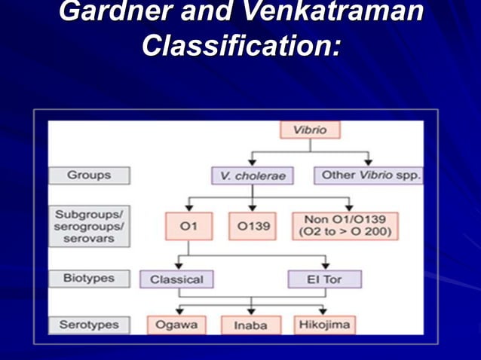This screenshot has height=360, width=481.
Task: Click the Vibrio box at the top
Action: click(x=309, y=130)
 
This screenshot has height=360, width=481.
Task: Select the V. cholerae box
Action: click(x=253, y=175)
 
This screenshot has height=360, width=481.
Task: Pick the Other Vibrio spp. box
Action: click(x=368, y=175)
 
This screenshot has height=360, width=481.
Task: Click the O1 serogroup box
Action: click(x=188, y=226)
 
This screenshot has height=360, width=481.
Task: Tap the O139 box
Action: click(x=253, y=226)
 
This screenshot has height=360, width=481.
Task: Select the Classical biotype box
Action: click(x=176, y=279)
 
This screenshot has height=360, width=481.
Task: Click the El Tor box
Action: click(x=325, y=279)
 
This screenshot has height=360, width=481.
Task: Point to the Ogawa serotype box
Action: click(x=176, y=325)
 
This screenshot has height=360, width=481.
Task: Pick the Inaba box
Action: click(x=251, y=325)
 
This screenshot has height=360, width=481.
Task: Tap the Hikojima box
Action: click(x=325, y=325)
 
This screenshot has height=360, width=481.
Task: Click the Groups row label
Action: click(x=89, y=175)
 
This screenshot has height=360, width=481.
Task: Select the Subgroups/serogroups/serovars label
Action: click(x=89, y=226)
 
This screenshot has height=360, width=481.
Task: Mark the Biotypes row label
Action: click(x=89, y=278)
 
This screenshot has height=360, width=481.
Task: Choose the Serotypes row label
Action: click(x=89, y=325)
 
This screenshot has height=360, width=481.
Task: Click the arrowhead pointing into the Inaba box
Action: click(x=251, y=311)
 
